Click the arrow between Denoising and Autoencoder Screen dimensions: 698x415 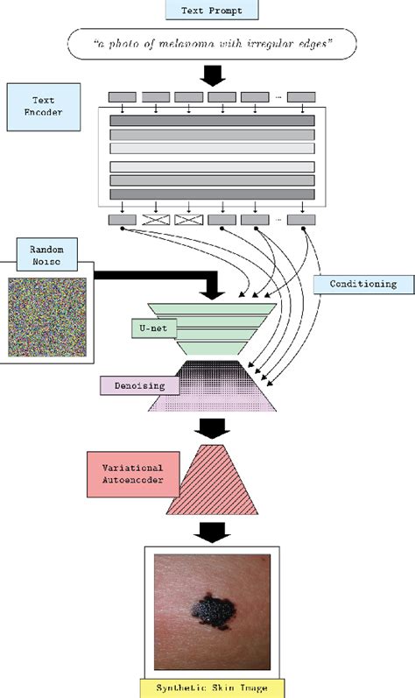point(210,427)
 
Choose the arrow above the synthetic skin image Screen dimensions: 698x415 point(211,532)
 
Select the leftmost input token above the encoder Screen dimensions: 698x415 point(122,97)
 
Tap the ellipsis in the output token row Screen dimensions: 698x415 point(278,221)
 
